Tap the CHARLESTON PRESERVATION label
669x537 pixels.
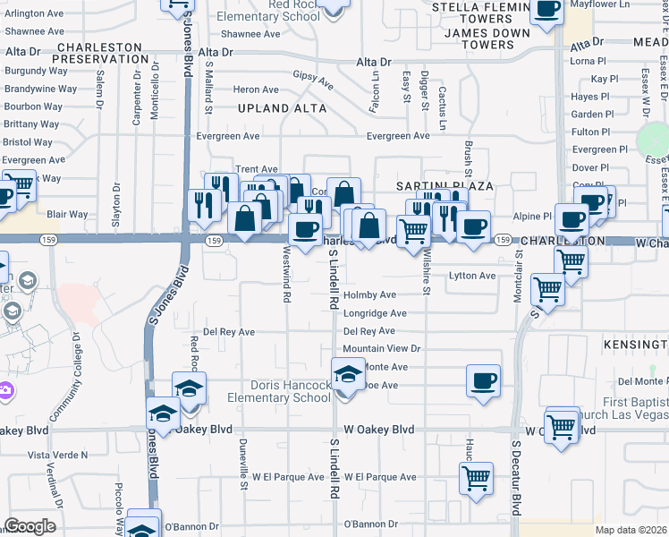click(x=99, y=52)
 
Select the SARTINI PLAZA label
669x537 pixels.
click(x=445, y=185)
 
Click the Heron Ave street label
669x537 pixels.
click(x=256, y=89)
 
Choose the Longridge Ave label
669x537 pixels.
click(x=375, y=313)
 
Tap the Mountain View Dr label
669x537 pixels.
click(x=381, y=348)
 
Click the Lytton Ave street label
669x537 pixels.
click(x=472, y=276)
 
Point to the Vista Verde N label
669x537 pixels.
click(x=58, y=455)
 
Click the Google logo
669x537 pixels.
click(x=30, y=526)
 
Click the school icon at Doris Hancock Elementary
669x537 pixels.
click(x=348, y=373)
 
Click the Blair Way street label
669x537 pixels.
click(x=67, y=214)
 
